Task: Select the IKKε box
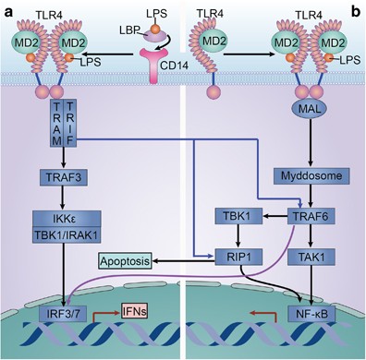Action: (61, 217)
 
